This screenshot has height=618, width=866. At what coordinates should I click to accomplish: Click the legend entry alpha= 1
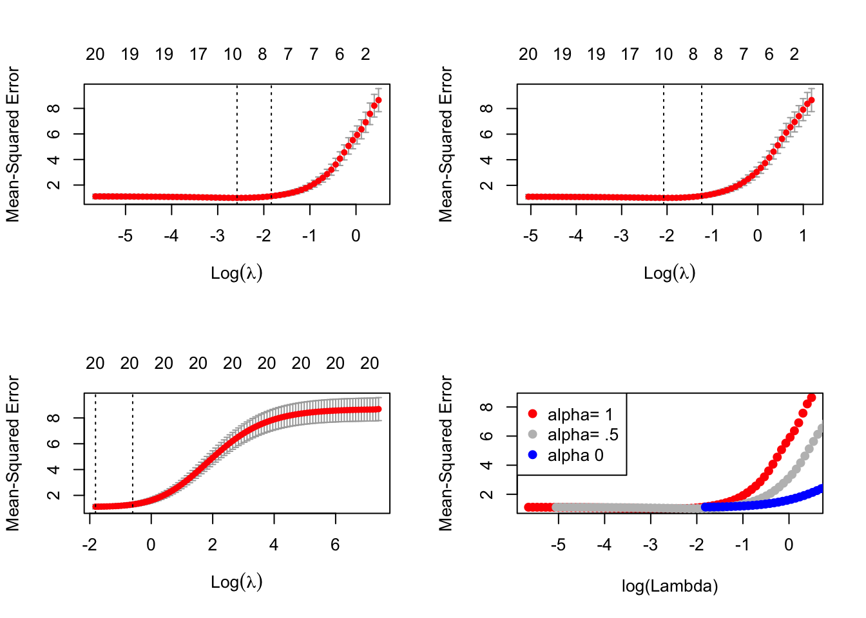[x=580, y=415]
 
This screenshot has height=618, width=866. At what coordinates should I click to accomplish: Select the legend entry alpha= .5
[x=582, y=435]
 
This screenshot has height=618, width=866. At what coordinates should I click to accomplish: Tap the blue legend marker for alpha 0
[x=532, y=455]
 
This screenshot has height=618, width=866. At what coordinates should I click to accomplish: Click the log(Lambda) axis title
[x=669, y=586]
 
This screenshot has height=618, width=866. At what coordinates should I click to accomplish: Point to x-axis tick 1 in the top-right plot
[x=803, y=236]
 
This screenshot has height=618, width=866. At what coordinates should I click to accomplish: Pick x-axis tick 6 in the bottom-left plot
[x=335, y=545]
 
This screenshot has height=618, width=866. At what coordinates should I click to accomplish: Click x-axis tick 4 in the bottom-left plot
[x=274, y=545]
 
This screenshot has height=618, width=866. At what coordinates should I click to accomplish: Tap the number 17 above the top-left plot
[x=198, y=55]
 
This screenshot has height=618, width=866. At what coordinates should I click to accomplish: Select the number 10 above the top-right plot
[x=664, y=55]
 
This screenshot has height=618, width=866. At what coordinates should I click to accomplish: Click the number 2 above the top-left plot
[x=365, y=55]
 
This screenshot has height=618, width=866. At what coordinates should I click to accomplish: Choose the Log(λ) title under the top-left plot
[x=236, y=273]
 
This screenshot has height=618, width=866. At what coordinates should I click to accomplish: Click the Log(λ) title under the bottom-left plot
[x=236, y=582]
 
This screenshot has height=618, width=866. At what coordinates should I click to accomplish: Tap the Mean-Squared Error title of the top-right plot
[x=446, y=144]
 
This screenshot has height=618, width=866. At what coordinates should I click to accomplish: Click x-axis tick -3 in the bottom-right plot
[x=650, y=545]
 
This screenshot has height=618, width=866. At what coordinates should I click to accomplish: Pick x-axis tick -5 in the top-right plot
[x=530, y=236]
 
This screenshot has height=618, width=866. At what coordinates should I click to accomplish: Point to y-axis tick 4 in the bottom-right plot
[x=488, y=465]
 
